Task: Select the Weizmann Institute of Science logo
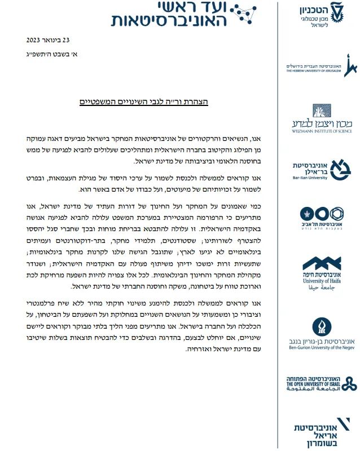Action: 320,117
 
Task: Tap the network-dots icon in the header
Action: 247,14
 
